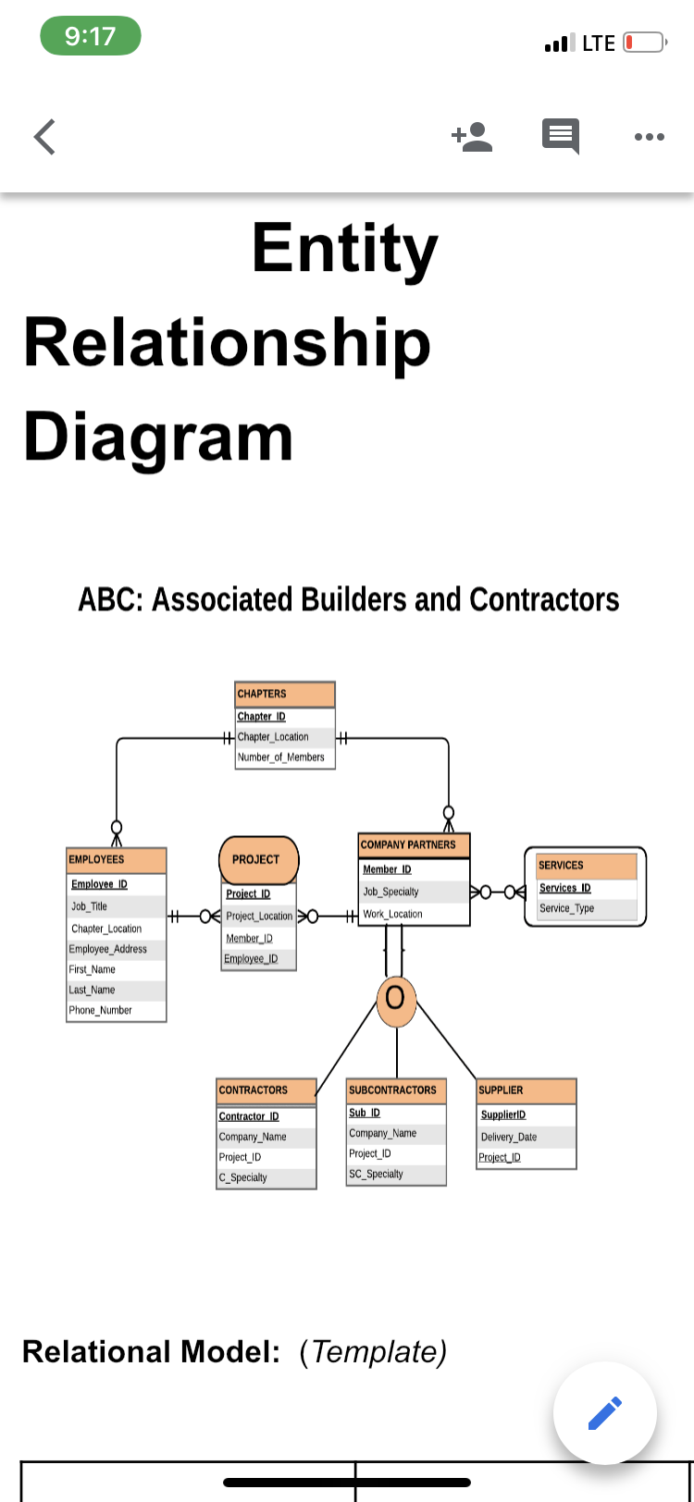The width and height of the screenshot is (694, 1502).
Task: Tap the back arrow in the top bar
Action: pos(44,137)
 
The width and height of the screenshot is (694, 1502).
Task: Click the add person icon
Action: pos(472,136)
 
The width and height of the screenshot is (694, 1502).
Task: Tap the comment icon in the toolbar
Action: pos(560,137)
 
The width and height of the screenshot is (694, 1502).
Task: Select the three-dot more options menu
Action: pos(649,137)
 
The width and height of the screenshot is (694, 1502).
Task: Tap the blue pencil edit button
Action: pos(605,1413)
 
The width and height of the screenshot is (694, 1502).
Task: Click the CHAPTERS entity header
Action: pos(285,694)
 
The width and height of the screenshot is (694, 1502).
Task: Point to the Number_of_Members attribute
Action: pos(281,757)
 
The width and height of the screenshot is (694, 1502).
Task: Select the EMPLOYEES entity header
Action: pos(117,860)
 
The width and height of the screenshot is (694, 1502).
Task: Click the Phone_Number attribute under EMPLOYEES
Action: pos(101,1011)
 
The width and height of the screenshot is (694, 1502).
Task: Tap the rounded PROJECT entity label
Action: pos(258,859)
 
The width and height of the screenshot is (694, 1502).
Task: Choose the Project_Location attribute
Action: pos(259,917)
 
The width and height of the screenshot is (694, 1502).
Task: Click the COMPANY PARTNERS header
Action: pos(414,844)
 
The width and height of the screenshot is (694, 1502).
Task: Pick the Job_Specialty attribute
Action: pos(391,893)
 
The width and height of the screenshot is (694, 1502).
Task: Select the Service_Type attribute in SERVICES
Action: pos(567,909)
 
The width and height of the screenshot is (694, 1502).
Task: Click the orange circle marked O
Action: pos(396,999)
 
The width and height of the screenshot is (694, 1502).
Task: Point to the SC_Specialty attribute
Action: pos(377,1175)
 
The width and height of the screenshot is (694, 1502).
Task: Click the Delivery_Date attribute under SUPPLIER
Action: pos(509,1138)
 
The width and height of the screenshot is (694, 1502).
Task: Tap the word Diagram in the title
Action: pos(158,437)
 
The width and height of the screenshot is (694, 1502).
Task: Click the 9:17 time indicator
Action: pos(91,37)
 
